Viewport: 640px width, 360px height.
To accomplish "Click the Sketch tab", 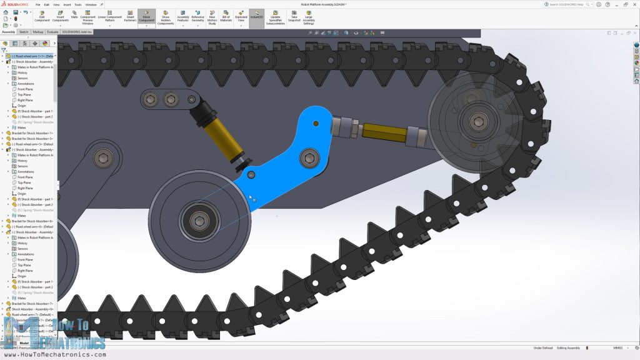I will pos(24,31).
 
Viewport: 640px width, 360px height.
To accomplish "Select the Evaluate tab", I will pos(52,31).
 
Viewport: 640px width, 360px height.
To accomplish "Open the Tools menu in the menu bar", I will pos(77,4).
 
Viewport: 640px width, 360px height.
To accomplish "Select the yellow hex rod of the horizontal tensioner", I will pos(382,131).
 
